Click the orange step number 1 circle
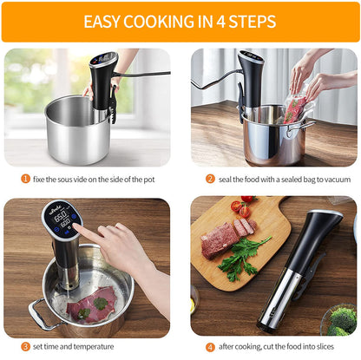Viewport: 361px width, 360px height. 24,179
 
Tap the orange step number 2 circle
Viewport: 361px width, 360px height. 210,179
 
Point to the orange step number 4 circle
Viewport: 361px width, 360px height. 210,346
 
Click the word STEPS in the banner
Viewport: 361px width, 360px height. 253,21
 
